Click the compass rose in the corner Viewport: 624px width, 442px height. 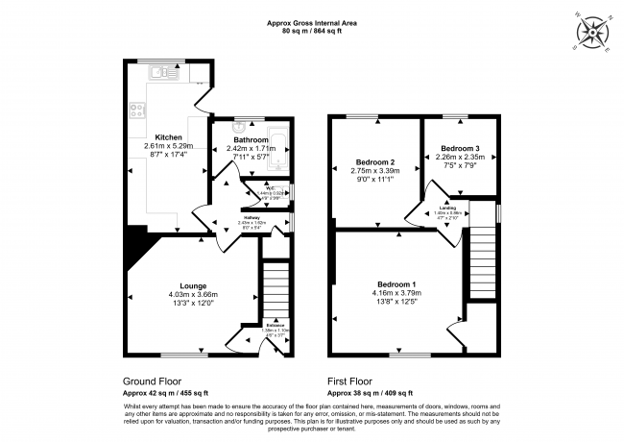coord(594,34)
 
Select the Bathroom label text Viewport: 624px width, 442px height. coord(251,138)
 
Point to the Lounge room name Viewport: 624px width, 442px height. coord(195,283)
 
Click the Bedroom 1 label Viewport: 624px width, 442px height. coord(396,283)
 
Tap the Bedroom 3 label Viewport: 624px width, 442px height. coord(460,148)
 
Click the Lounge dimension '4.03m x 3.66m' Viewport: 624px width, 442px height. coord(195,294)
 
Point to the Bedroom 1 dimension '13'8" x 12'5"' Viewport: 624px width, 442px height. coord(396,304)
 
